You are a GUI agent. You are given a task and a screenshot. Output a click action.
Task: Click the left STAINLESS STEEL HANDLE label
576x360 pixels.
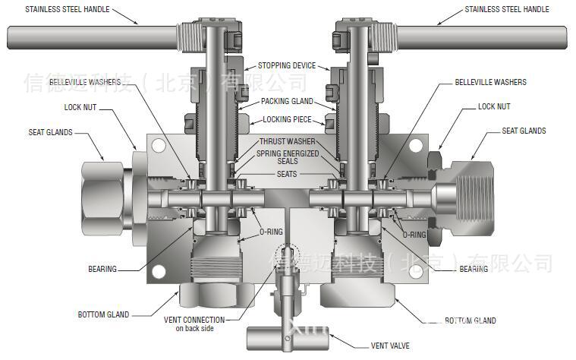(67, 10)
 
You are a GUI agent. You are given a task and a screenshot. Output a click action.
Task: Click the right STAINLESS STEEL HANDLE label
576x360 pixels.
(506, 10)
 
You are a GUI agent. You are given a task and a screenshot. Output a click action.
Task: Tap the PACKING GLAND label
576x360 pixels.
(287, 101)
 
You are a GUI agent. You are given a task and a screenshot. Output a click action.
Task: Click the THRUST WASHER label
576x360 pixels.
(287, 142)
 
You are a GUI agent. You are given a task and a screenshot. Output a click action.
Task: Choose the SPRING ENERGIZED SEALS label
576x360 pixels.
(287, 157)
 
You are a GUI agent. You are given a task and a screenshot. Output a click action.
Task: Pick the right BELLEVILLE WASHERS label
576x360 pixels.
(490, 82)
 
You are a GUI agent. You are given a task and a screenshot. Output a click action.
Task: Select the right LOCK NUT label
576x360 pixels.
(494, 107)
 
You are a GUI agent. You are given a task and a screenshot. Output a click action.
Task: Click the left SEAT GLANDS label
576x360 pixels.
(50, 132)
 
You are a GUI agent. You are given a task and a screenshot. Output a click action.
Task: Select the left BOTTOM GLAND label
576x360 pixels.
(103, 314)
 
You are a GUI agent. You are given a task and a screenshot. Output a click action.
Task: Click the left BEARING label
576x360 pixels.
(102, 269)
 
